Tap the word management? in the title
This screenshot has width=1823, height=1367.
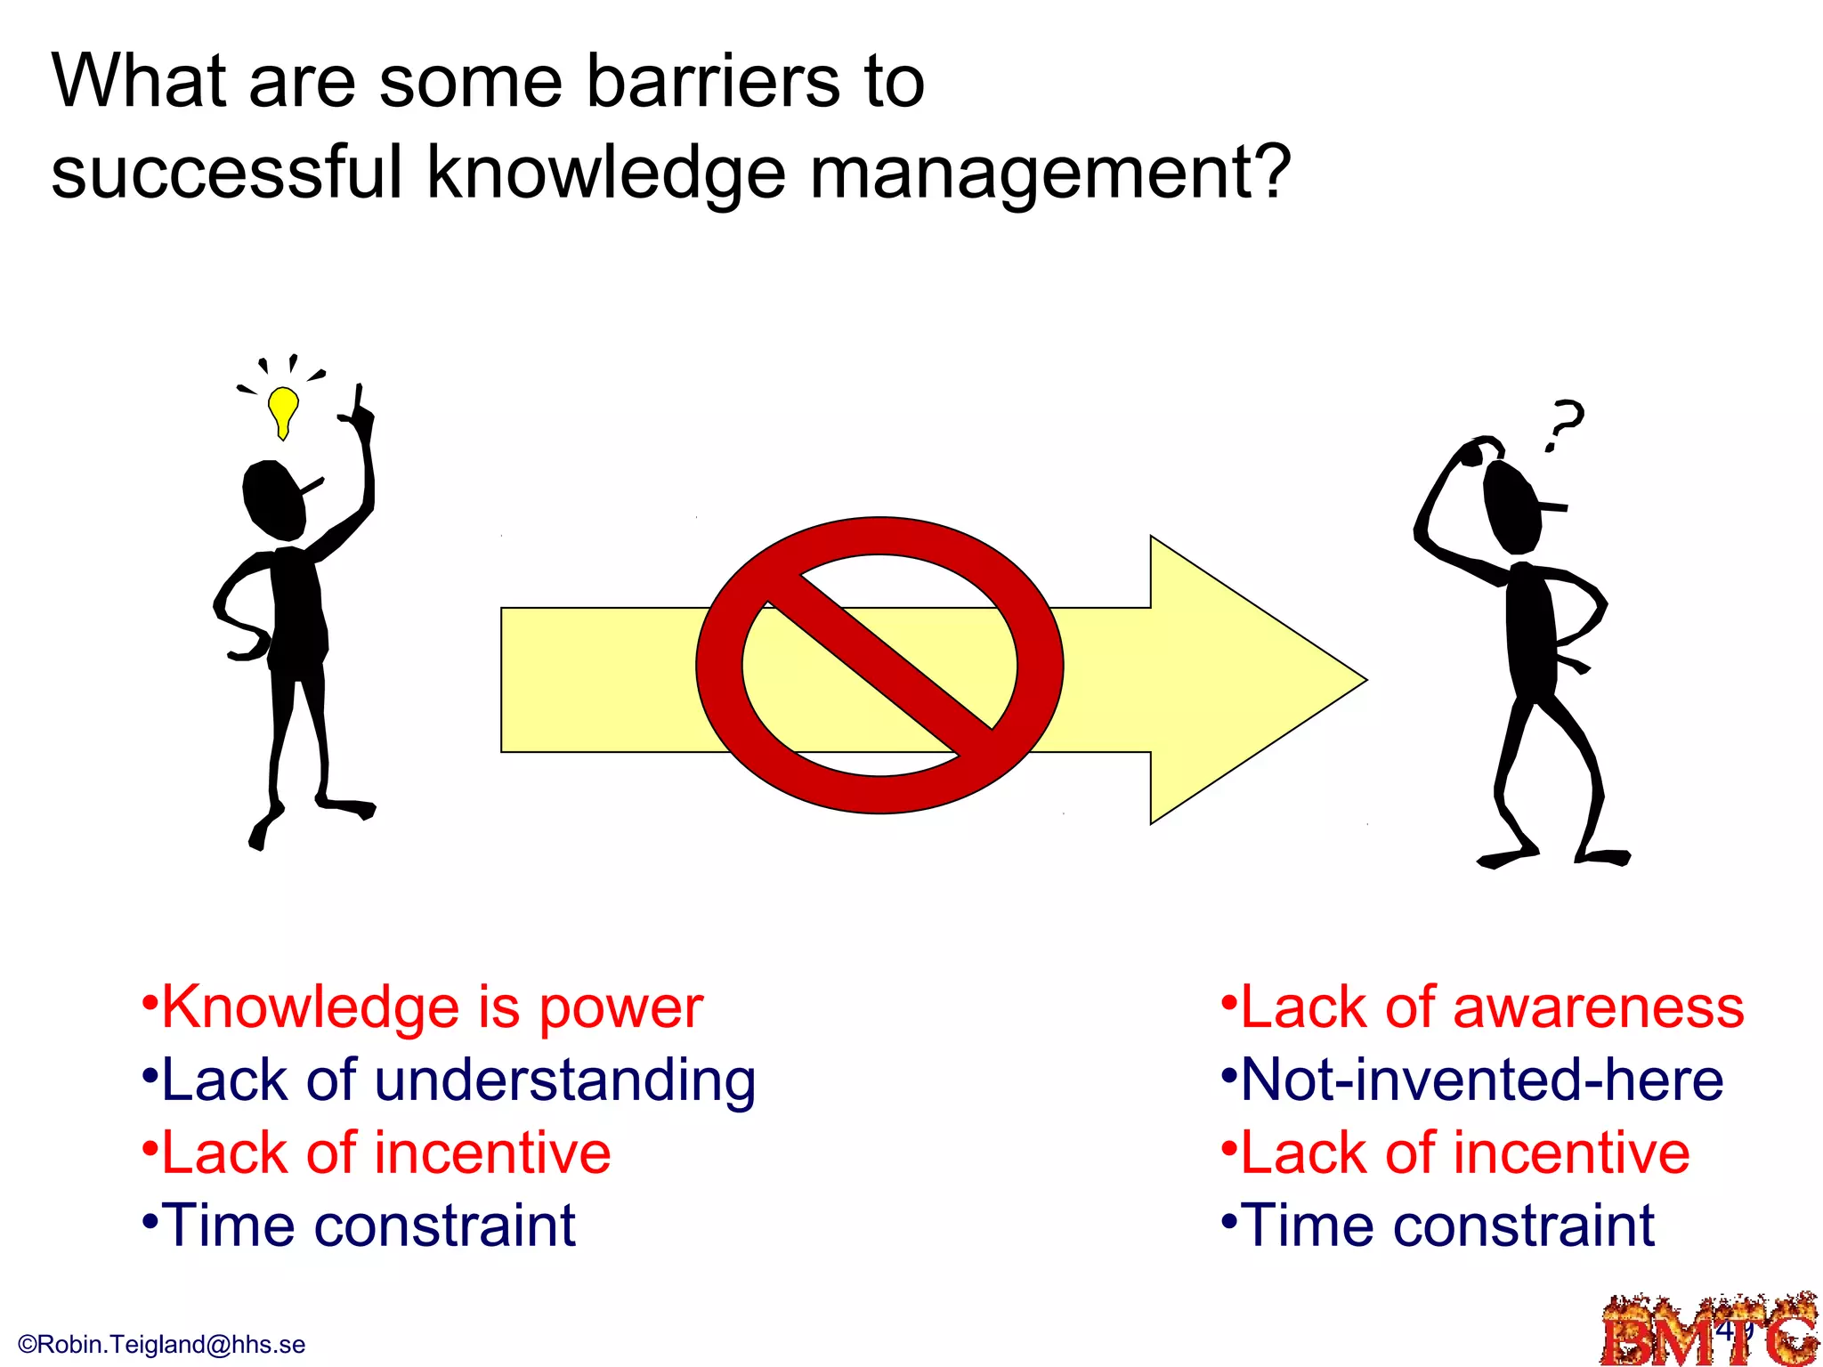[1050, 173]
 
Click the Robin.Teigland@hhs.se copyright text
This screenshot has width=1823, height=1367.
[162, 1345]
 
